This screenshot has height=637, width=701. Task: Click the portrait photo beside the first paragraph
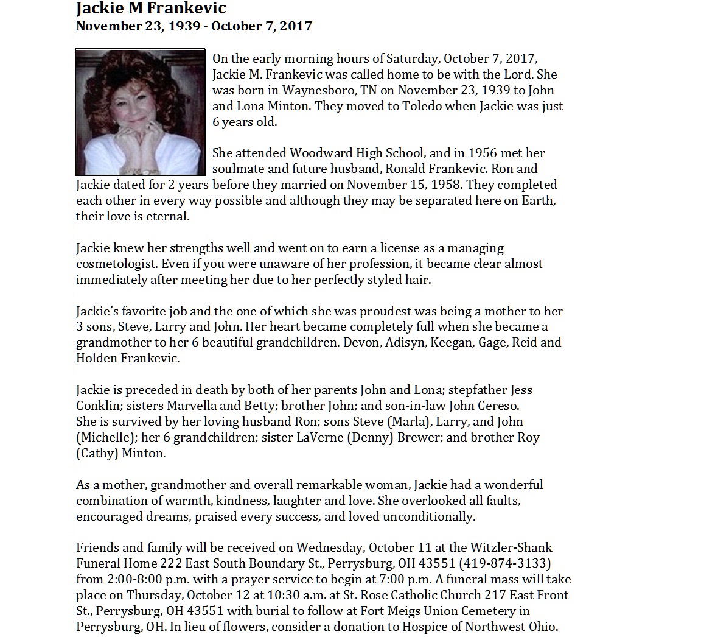(140, 112)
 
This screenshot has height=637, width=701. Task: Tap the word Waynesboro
(312, 90)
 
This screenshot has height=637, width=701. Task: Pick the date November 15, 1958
(413, 185)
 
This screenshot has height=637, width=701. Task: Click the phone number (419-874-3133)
(504, 563)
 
